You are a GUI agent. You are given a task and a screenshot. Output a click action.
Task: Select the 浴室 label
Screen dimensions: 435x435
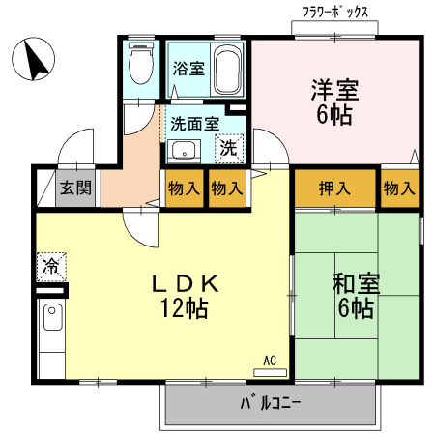pos(188,69)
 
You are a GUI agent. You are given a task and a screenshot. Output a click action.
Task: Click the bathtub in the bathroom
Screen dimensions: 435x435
pos(228,69)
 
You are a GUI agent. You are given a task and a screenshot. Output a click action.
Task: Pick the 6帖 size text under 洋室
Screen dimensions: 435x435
pos(334,115)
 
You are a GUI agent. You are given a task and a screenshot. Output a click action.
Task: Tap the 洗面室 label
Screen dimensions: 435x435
pos(194,124)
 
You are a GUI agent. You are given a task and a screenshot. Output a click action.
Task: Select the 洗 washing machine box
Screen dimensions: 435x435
pos(229,148)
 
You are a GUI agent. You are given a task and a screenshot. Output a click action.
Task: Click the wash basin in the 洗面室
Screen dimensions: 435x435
pos(183,150)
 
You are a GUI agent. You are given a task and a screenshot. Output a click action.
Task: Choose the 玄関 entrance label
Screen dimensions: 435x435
pos(73,188)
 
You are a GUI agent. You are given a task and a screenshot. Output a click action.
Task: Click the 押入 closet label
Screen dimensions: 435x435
pos(334,188)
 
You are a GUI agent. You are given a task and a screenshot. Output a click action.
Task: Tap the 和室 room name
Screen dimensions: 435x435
pos(357,285)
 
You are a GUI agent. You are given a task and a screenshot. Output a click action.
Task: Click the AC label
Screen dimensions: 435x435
pos(270,361)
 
